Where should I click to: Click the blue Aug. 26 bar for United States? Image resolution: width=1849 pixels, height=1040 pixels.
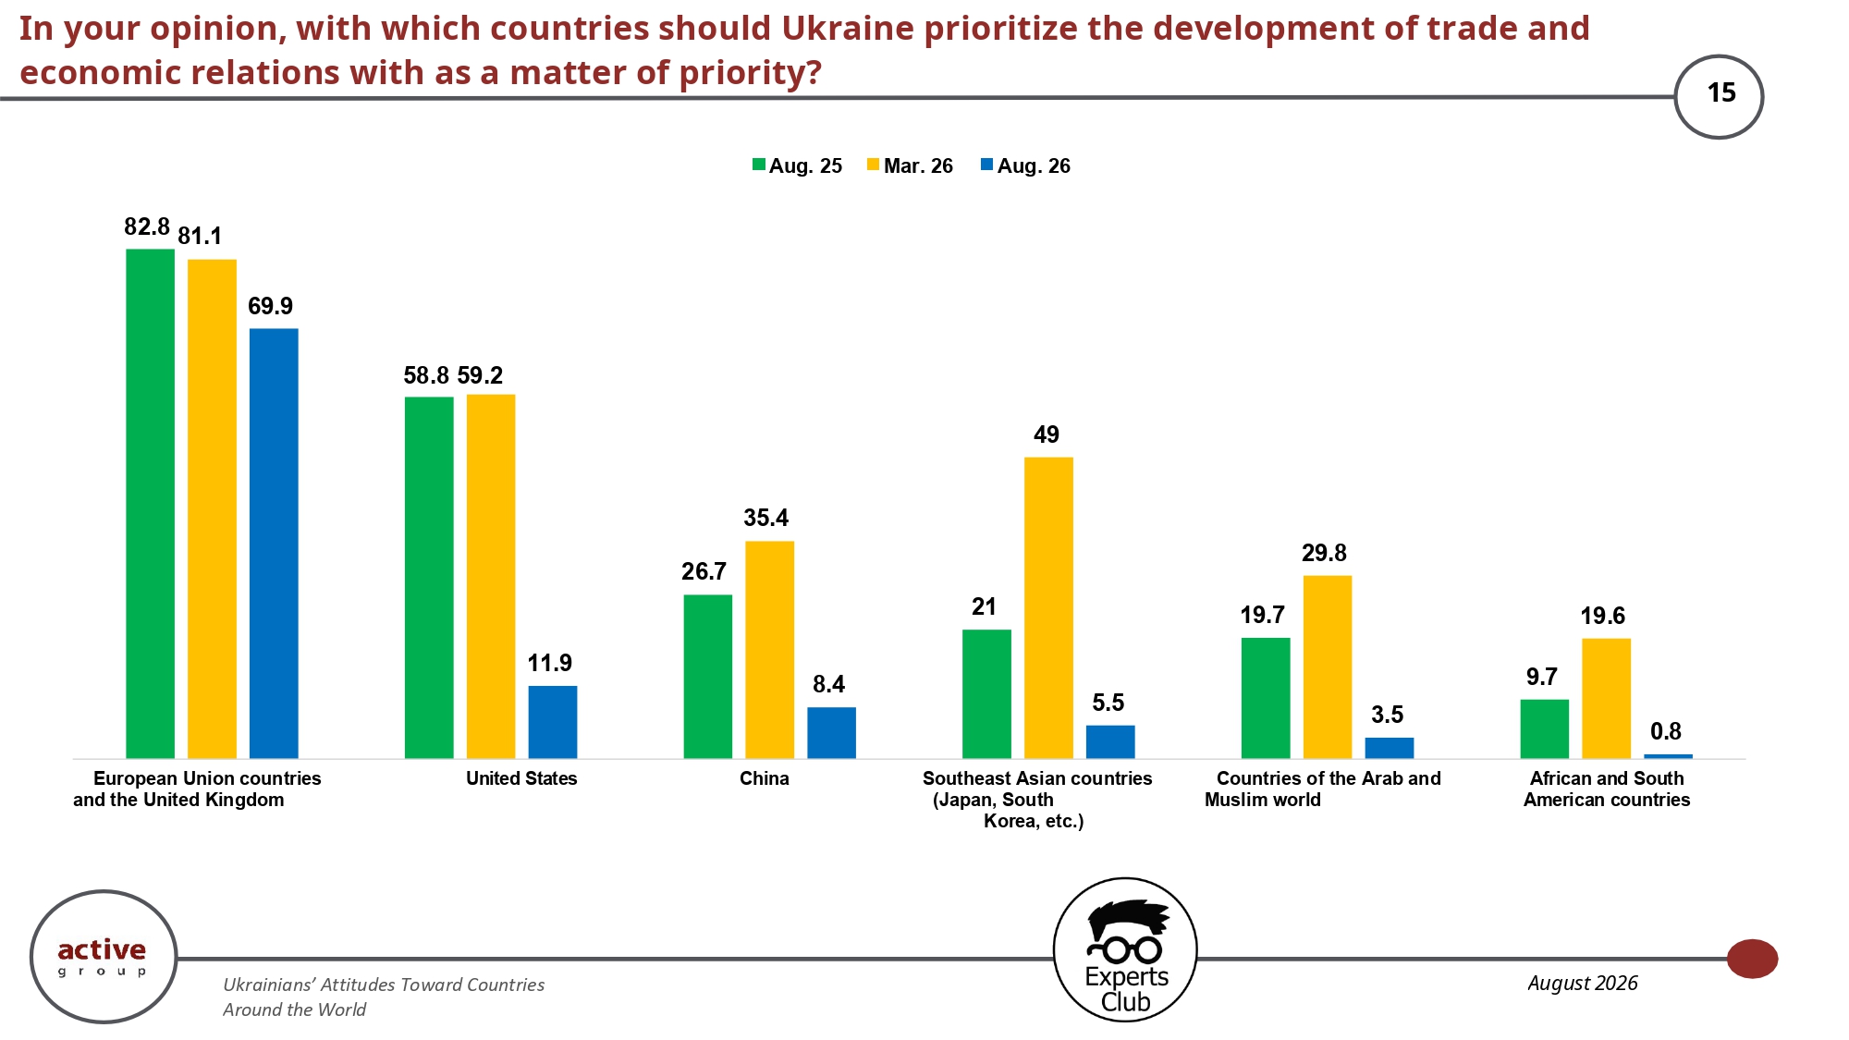553,722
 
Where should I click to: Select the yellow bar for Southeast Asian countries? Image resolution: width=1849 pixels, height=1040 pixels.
1048,608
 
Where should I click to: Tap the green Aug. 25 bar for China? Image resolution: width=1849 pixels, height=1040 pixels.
708,677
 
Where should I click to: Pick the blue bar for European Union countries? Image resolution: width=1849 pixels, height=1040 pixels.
274,544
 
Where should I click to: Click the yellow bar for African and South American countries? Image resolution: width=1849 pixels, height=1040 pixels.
1606,699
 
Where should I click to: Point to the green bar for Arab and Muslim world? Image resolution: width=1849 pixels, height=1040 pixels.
1266,698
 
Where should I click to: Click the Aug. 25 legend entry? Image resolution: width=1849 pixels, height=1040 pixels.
797,166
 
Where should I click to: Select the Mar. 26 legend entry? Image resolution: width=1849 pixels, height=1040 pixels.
910,166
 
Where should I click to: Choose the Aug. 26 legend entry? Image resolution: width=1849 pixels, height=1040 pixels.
1025,166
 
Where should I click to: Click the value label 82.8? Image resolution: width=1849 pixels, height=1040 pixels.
147,226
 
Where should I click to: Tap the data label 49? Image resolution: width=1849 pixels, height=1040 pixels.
1047,434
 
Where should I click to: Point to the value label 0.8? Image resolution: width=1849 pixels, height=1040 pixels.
1666,731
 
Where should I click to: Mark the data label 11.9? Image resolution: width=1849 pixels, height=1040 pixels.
550,663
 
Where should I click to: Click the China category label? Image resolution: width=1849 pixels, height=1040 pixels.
765,778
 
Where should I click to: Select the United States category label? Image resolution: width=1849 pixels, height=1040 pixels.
521,778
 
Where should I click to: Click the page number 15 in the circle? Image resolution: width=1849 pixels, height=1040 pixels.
1721,93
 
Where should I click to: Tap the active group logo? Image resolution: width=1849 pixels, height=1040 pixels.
104,957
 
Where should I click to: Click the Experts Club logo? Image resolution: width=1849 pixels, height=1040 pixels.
1125,950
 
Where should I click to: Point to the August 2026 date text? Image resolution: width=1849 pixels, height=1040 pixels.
1583,983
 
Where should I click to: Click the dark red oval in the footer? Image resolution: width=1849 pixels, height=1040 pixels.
1752,959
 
